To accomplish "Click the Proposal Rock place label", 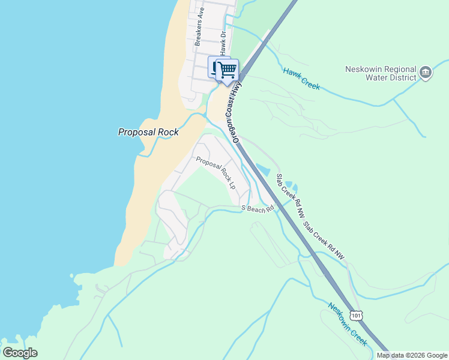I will click(x=148, y=132).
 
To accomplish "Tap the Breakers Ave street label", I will click(x=200, y=28).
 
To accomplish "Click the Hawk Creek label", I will click(x=301, y=79).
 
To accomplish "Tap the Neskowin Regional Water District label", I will click(x=381, y=73).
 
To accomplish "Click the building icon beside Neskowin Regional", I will click(x=426, y=72).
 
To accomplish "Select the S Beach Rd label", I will click(x=258, y=208).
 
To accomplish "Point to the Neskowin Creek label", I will click(x=347, y=325).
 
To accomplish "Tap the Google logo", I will click(x=20, y=353).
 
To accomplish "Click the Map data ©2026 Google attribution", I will click(x=412, y=355).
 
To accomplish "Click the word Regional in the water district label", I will click(x=398, y=69).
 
